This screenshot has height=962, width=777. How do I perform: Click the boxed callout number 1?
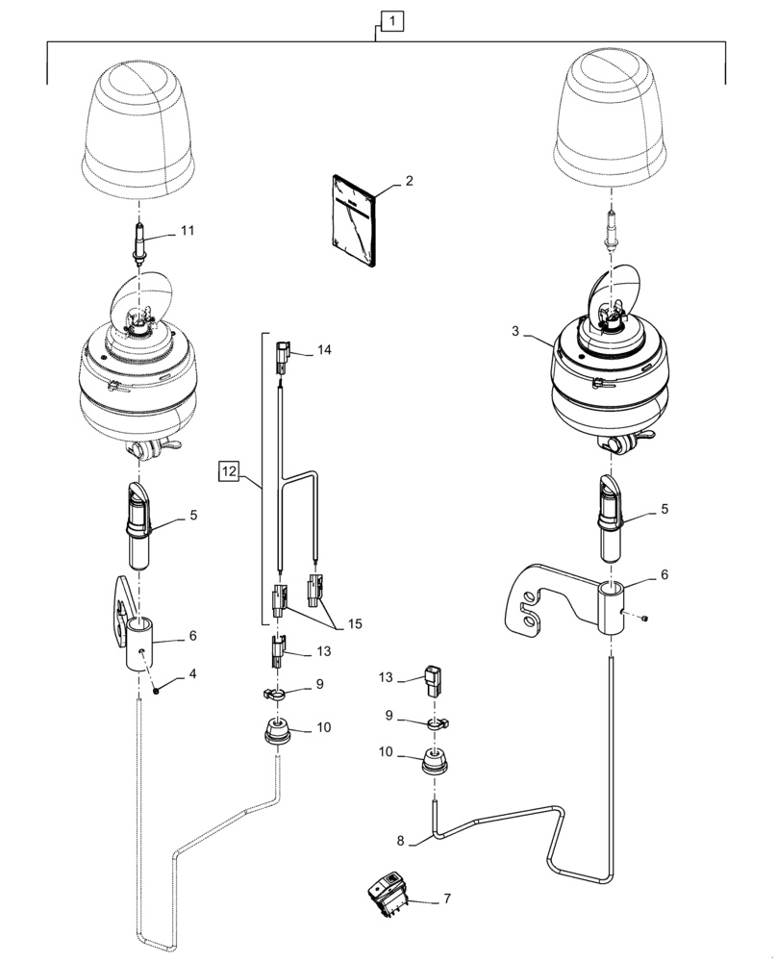(x=390, y=19)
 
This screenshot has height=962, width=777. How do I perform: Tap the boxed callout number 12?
(x=228, y=471)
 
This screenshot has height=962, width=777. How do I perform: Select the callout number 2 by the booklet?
(x=409, y=180)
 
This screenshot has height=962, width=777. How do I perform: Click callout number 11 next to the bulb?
(x=187, y=232)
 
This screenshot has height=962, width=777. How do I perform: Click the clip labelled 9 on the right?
(x=437, y=721)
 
